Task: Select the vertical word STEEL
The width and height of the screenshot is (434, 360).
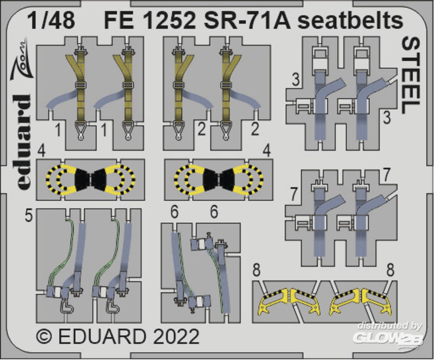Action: (411, 75)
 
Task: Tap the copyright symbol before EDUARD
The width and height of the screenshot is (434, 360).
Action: (45, 337)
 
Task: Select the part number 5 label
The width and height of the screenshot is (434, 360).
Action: (28, 216)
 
